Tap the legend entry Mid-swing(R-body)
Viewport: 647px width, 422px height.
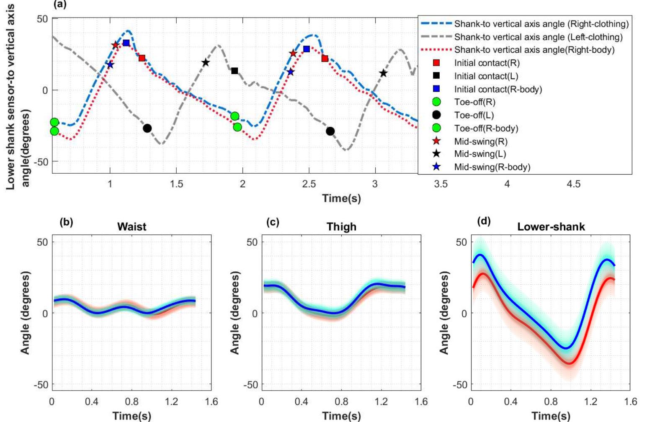pos(492,167)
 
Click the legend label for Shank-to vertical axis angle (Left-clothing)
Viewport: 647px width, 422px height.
pos(538,37)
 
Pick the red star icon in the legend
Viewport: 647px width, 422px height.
pos(436,141)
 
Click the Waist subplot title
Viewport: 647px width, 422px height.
pos(131,227)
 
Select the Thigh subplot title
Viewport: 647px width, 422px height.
pos(341,227)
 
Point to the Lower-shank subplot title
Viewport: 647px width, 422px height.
pos(551,227)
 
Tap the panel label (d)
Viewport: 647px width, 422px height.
pos(484,221)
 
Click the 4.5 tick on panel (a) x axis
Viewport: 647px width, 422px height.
pos(573,184)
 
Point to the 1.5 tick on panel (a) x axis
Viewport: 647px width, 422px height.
pos(176,184)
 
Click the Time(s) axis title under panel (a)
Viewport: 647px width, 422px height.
pos(341,198)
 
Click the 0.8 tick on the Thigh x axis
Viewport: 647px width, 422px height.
pos(341,402)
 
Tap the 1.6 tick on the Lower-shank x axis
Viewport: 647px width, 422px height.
pos(630,402)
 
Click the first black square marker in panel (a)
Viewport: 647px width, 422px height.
pos(235,71)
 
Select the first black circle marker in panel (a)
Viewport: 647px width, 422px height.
pos(147,128)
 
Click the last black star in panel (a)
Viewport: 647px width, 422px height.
pos(383,73)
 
